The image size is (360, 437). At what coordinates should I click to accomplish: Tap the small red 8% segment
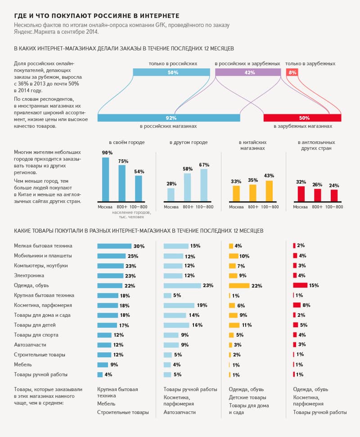292,72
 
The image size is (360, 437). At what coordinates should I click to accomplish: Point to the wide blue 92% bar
169,118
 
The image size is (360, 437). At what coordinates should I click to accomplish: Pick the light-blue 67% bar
204,185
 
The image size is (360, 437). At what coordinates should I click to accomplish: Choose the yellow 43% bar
269,191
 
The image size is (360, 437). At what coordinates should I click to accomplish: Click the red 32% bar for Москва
301,194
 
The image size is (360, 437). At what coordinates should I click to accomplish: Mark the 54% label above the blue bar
139,171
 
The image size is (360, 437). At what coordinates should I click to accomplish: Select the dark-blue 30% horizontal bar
114,246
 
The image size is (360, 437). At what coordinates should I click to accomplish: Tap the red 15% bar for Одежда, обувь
300,285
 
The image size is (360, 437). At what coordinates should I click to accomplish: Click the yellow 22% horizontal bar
239,285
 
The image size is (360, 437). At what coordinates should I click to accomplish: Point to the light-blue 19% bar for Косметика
179,305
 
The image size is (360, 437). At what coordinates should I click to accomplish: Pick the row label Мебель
23,365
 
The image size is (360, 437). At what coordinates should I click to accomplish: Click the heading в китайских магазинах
252,145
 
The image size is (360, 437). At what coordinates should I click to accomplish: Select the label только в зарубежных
310,63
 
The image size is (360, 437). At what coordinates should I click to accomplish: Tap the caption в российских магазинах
168,126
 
